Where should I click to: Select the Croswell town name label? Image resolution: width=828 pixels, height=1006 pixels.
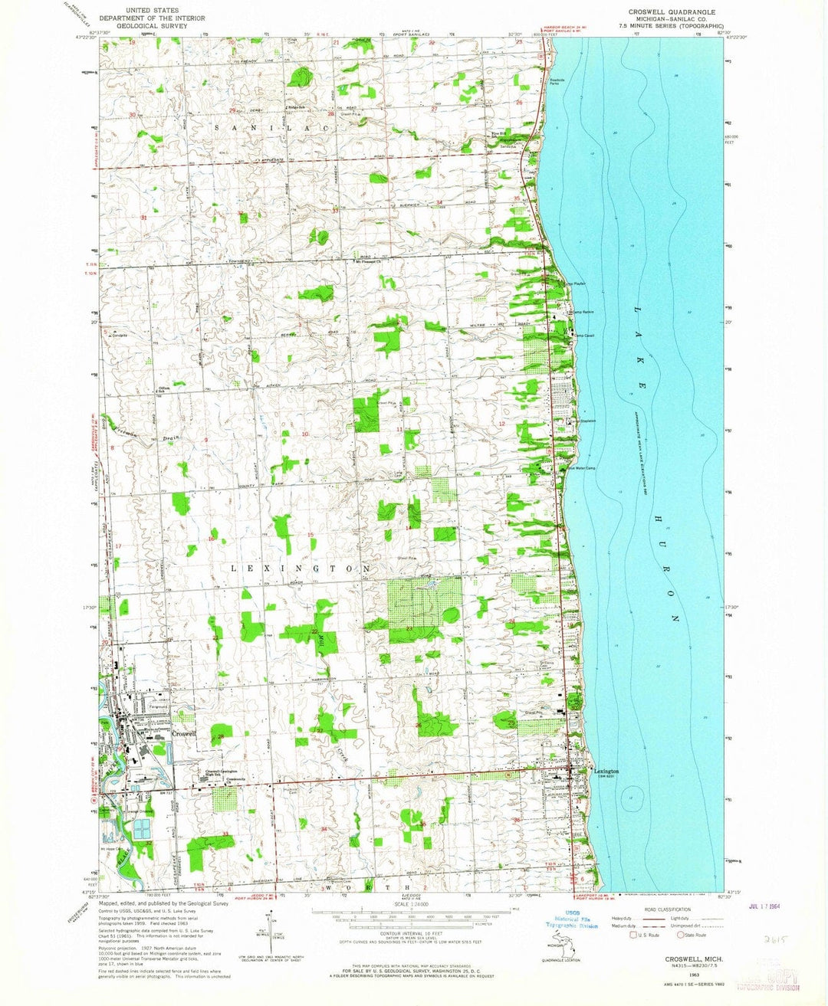[x=185, y=733]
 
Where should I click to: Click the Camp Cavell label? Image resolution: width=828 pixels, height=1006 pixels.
[x=584, y=336]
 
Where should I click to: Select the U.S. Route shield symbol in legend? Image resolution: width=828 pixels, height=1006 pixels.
[x=633, y=934]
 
